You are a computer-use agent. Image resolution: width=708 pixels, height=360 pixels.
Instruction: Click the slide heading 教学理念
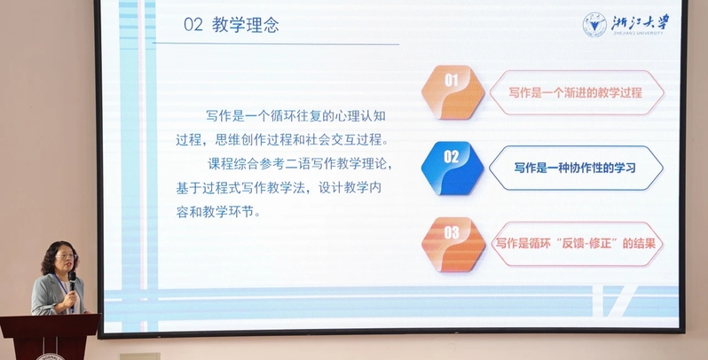click(x=246, y=25)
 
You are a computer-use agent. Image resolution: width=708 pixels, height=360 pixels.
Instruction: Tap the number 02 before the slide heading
click(x=193, y=25)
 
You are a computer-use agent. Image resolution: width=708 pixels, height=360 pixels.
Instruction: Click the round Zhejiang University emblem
click(x=594, y=24)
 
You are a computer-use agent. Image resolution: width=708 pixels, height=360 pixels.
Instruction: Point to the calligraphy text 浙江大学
click(x=640, y=22)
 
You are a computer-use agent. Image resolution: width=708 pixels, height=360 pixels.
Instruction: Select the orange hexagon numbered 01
click(x=452, y=92)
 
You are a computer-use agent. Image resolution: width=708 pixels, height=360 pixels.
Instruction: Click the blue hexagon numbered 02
click(x=452, y=168)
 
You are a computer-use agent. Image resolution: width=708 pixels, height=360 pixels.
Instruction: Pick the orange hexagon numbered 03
click(x=452, y=244)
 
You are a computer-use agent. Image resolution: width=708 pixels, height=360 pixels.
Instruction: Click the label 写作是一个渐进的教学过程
click(x=575, y=93)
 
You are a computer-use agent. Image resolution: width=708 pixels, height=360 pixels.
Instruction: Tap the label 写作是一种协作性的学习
click(x=575, y=168)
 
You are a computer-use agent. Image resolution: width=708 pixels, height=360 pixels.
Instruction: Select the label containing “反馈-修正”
click(x=576, y=244)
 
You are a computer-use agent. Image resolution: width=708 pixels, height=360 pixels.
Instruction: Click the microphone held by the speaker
click(x=72, y=282)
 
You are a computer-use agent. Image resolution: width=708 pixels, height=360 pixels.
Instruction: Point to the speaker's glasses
click(x=66, y=256)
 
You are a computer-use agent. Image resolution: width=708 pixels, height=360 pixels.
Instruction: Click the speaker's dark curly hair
click(x=58, y=255)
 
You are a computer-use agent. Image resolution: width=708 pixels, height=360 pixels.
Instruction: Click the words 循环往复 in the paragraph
click(x=295, y=116)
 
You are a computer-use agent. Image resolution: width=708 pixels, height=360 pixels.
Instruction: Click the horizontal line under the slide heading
click(x=276, y=44)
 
